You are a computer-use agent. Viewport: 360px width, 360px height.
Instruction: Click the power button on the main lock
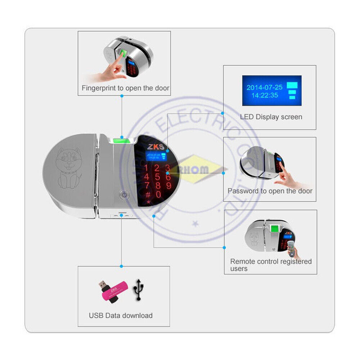(123, 195)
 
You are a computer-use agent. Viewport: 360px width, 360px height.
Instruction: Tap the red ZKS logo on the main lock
(155, 147)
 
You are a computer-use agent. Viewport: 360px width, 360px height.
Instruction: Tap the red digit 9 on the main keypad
(168, 186)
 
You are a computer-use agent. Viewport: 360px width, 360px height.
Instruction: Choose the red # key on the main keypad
(148, 195)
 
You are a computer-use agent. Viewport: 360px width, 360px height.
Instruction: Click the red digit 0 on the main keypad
(158, 195)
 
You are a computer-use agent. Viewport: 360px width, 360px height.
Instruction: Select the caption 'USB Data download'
(121, 316)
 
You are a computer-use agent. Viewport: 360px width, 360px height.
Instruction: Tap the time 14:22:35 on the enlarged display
(265, 95)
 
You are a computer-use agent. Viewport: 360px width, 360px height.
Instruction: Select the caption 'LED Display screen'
(271, 117)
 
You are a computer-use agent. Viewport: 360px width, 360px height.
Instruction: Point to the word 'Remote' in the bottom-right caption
(242, 261)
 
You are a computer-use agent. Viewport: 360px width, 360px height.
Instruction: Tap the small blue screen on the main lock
(154, 156)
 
